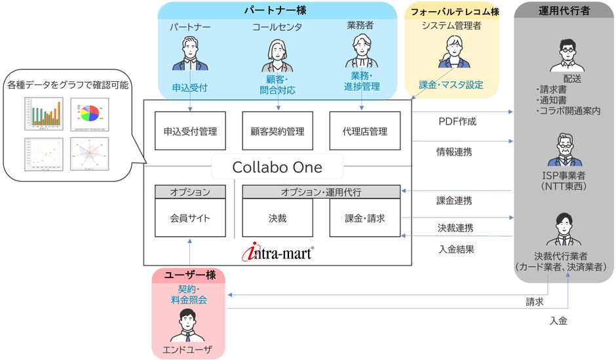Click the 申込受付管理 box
point(190,131)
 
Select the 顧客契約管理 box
point(278,131)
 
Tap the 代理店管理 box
point(365,131)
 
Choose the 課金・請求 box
point(365,218)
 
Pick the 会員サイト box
point(190,218)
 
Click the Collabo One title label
point(277,167)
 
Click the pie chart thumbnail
point(86,113)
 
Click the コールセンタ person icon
point(278,55)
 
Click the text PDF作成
point(457,121)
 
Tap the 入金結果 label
point(456,249)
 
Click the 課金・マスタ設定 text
point(451,85)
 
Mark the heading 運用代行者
point(564,11)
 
